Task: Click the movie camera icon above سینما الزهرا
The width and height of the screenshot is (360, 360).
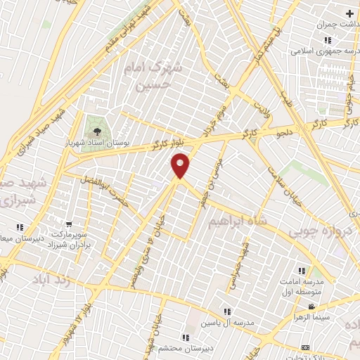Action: coord(312,307)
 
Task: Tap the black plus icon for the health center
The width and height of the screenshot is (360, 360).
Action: coord(350,13)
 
